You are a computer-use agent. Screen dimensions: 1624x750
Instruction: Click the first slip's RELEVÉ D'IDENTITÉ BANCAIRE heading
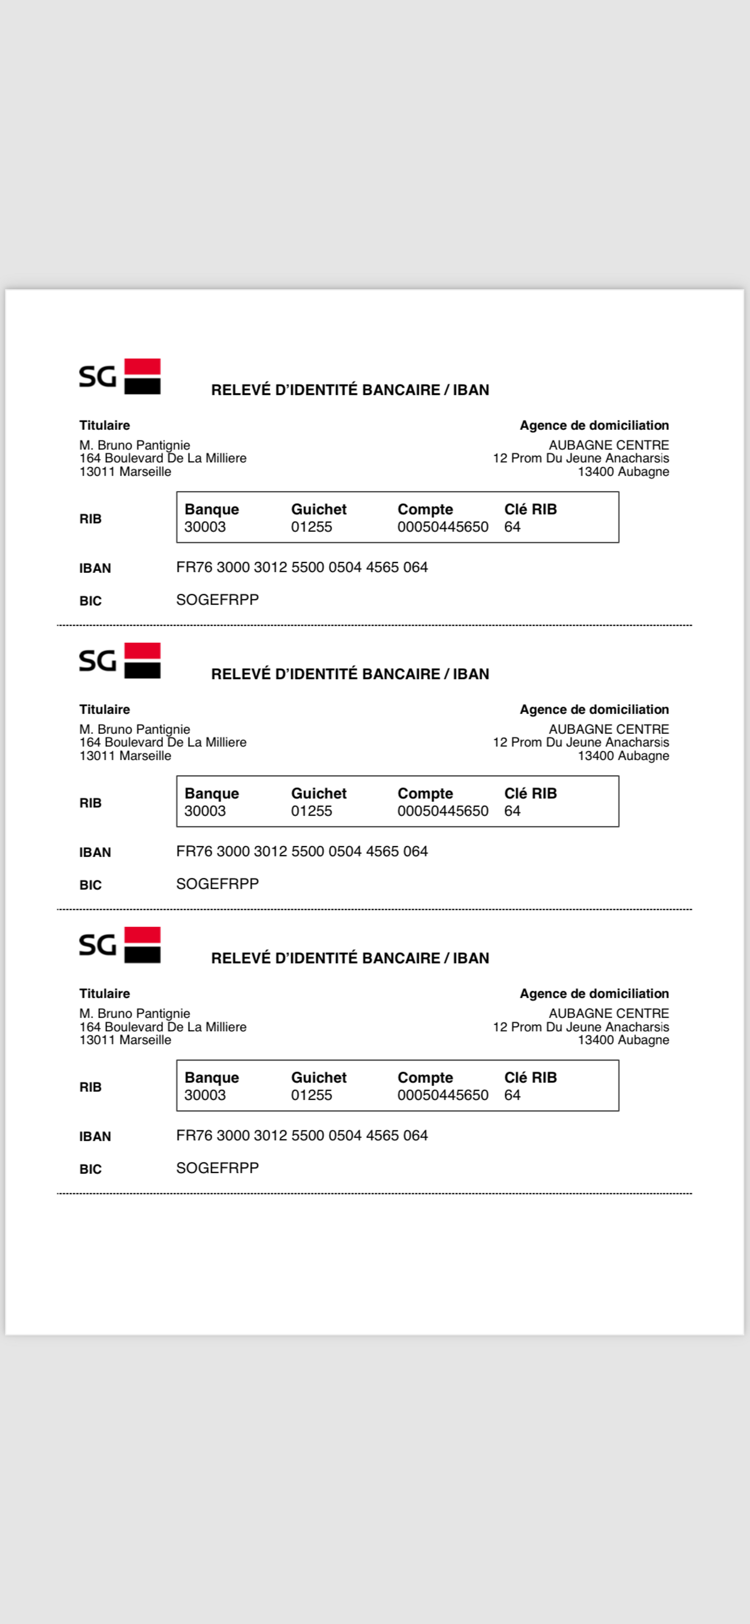pos(350,390)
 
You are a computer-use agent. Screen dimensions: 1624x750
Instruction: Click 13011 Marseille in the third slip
pos(125,1040)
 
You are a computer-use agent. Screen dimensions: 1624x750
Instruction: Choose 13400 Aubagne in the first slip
pos(623,472)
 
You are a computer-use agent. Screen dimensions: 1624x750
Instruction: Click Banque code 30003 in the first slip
pos(205,527)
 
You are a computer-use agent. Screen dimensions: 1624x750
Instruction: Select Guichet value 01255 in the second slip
pos(311,811)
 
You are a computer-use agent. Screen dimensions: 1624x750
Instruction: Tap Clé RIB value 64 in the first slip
pos(512,527)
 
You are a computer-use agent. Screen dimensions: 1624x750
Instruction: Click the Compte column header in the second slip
pos(425,793)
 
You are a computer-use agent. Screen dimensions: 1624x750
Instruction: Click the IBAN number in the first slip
pos(302,567)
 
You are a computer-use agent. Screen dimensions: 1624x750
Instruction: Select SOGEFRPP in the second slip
pos(217,884)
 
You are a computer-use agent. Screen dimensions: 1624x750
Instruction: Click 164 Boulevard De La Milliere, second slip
pos(163,742)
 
